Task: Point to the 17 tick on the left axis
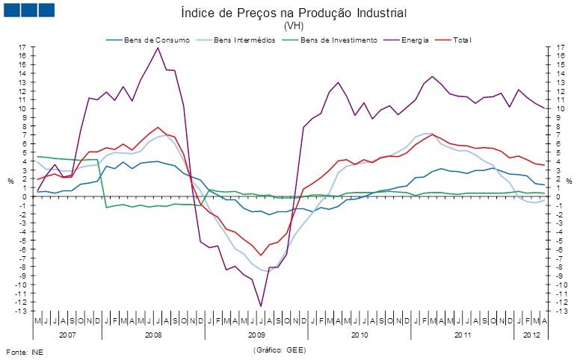click(x=23, y=47)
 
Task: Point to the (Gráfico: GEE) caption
click(x=280, y=350)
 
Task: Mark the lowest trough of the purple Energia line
click(x=261, y=306)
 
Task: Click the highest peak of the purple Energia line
click(x=158, y=48)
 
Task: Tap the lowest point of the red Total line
click(x=261, y=255)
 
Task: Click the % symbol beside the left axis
click(x=10, y=181)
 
